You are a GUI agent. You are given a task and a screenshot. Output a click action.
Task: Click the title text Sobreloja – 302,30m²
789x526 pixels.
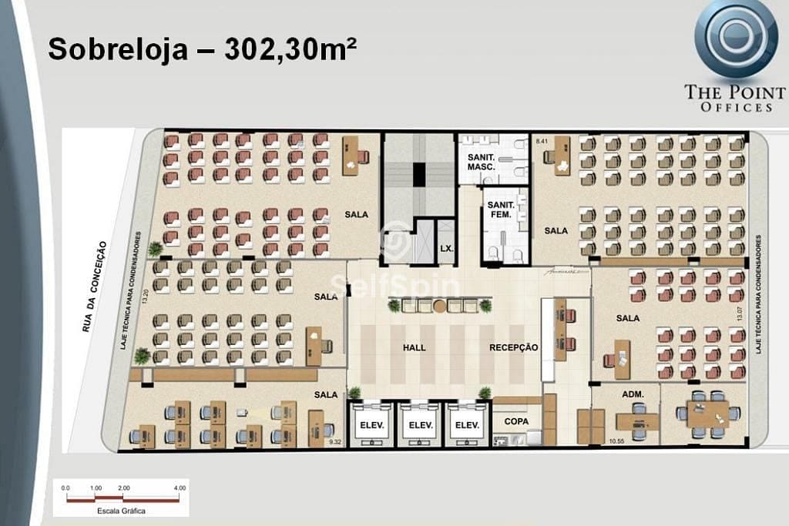[202, 49]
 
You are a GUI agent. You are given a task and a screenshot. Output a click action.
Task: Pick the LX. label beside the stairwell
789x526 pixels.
[445, 248]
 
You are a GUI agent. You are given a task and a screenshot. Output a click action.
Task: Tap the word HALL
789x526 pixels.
[414, 348]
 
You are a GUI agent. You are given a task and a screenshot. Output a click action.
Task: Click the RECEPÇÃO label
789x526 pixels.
[513, 348]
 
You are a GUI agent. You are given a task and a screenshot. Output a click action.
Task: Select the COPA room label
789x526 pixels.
[516, 422]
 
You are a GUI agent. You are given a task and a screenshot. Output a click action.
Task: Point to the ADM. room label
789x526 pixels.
[632, 394]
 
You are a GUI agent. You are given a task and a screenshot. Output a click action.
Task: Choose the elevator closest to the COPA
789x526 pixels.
[467, 424]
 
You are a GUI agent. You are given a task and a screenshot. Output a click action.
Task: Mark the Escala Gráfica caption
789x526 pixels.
[120, 510]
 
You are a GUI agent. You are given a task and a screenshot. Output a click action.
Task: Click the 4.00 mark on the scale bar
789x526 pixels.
[180, 488]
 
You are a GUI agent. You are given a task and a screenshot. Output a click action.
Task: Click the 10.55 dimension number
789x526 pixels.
[616, 441]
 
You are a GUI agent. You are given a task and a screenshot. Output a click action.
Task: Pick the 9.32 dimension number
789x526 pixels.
[334, 442]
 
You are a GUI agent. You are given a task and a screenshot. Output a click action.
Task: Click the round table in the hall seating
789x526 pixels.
[439, 306]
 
